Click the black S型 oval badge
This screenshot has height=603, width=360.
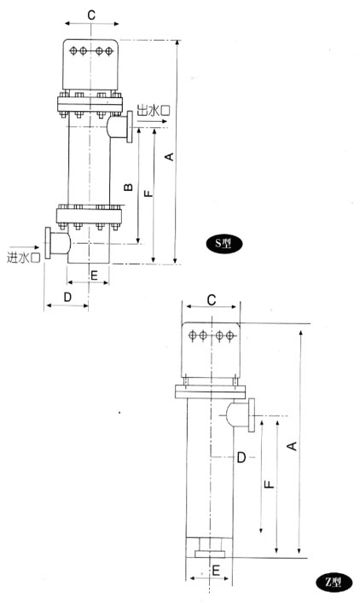coord(224,243)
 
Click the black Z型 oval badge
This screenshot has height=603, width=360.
coord(334,583)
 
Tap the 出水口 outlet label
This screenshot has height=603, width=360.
coord(154,111)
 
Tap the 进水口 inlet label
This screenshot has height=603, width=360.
coord(24,258)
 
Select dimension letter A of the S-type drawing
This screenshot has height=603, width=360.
coord(169,157)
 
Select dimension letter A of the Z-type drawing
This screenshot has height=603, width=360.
coord(293,446)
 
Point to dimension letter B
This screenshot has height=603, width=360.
coord(128,188)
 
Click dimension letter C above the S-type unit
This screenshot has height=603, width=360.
coord(91,15)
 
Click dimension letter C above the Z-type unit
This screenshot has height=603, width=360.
coord(212,300)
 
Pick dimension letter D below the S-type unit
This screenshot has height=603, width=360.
coord(67,297)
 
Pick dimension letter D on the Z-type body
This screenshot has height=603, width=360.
coord(241,457)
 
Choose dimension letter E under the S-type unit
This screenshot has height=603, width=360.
coord(94,275)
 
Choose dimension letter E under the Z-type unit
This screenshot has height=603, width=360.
coord(216,570)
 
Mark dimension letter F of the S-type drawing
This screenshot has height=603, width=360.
coord(148,192)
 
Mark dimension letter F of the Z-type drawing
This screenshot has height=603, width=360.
coord(270,484)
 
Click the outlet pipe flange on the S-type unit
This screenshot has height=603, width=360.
coord(130,127)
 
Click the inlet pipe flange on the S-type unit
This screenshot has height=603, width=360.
coord(48,243)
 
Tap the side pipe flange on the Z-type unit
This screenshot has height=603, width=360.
coord(252,415)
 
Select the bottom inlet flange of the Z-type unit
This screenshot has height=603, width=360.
coord(210,554)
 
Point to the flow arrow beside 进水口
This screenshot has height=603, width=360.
coord(25,247)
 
